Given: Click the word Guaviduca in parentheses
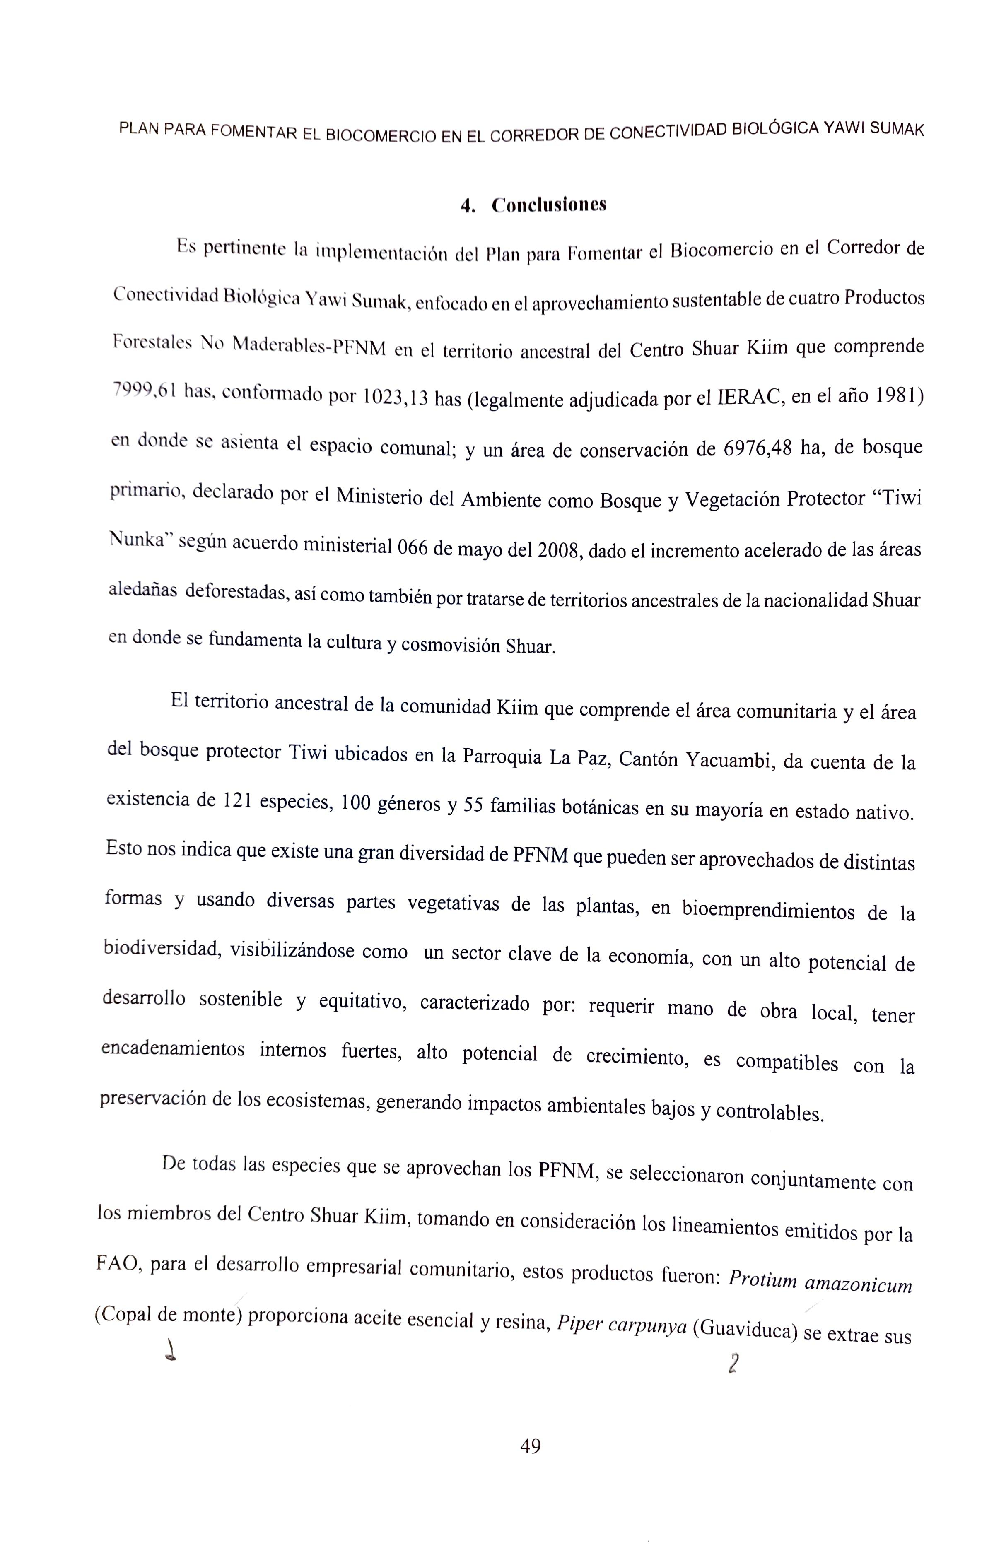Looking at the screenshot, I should pyautogui.click(x=742, y=1329).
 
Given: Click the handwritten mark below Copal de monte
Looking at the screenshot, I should pyautogui.click(x=171, y=1349).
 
